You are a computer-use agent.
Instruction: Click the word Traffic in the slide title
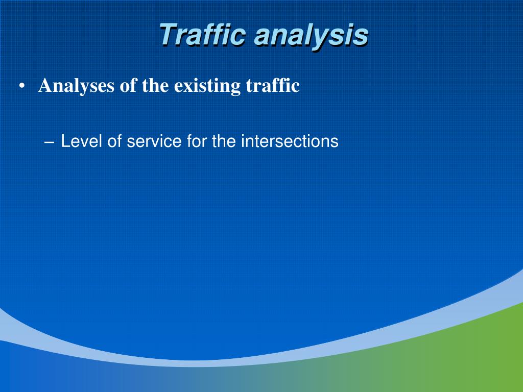pos(203,35)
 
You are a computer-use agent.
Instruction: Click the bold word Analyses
pos(77,86)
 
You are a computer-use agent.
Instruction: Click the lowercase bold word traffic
pos(273,85)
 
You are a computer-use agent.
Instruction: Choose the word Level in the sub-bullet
pos(82,141)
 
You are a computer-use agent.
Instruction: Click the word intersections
pos(290,141)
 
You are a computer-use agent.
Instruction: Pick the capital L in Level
pos(65,141)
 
